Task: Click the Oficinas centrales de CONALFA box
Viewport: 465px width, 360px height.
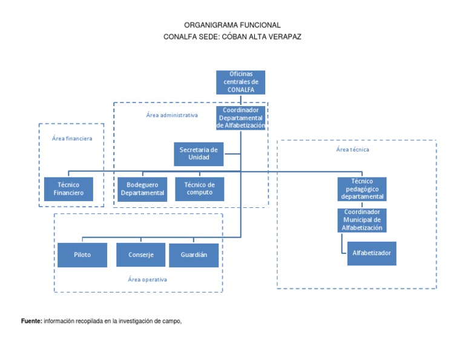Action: (x=240, y=82)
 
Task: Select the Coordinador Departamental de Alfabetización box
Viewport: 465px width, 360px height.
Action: (x=241, y=118)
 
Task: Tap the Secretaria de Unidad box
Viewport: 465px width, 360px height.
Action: (x=199, y=153)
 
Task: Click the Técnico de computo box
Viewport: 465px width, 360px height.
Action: (x=199, y=189)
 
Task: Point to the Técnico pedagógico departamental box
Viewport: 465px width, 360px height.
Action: (x=362, y=189)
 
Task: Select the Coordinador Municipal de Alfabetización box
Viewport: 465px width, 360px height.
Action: (x=362, y=220)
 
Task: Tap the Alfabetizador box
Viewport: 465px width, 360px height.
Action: (x=372, y=253)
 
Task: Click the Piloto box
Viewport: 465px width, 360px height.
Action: (x=82, y=255)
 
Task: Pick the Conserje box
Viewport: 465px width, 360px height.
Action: (x=141, y=255)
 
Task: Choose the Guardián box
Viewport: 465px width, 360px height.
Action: (x=194, y=255)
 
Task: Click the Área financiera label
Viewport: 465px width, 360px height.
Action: (x=72, y=138)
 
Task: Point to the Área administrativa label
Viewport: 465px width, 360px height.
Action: (x=172, y=115)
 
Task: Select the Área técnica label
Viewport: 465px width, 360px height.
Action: (x=352, y=149)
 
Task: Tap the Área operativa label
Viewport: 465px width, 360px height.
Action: (x=147, y=279)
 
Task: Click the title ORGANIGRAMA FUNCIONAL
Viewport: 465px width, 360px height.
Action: (x=232, y=25)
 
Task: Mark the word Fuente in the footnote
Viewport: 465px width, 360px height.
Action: (x=31, y=321)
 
